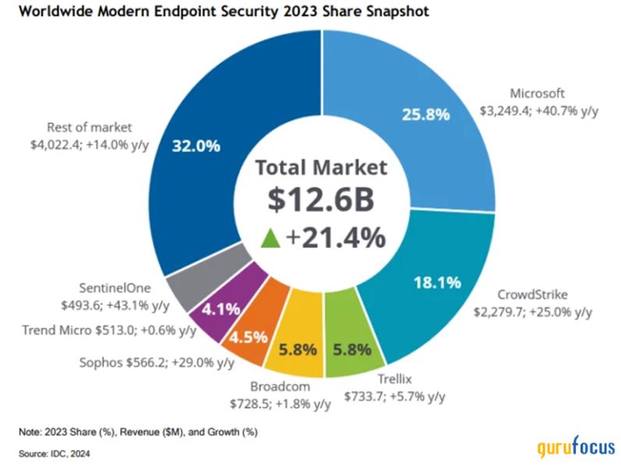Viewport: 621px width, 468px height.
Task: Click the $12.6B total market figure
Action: tap(321, 200)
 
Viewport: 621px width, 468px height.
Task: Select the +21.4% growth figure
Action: tap(337, 237)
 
